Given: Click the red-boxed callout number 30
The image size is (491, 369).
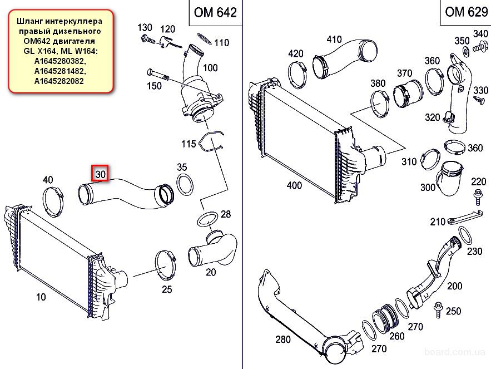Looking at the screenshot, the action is pos(100,174).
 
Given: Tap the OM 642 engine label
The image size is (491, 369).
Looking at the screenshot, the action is pos(215,12).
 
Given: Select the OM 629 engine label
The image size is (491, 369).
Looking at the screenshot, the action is pos(467,12).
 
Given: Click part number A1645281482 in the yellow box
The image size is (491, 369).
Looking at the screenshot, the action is pos(59,71).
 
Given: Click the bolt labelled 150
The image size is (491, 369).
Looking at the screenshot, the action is pos(158,75).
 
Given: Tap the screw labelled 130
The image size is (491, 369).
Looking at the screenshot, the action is pos(147,40).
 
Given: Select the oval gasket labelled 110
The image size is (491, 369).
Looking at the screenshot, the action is pos(204,39).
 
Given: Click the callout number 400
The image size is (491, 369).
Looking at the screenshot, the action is pos(294,185).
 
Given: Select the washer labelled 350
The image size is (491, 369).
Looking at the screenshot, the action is pos(465,50).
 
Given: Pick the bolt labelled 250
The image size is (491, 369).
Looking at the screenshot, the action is pos(438,310).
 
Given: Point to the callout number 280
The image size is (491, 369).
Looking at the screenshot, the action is pos(283,339).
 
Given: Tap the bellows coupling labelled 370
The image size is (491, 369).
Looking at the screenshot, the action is pos(408,94).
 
